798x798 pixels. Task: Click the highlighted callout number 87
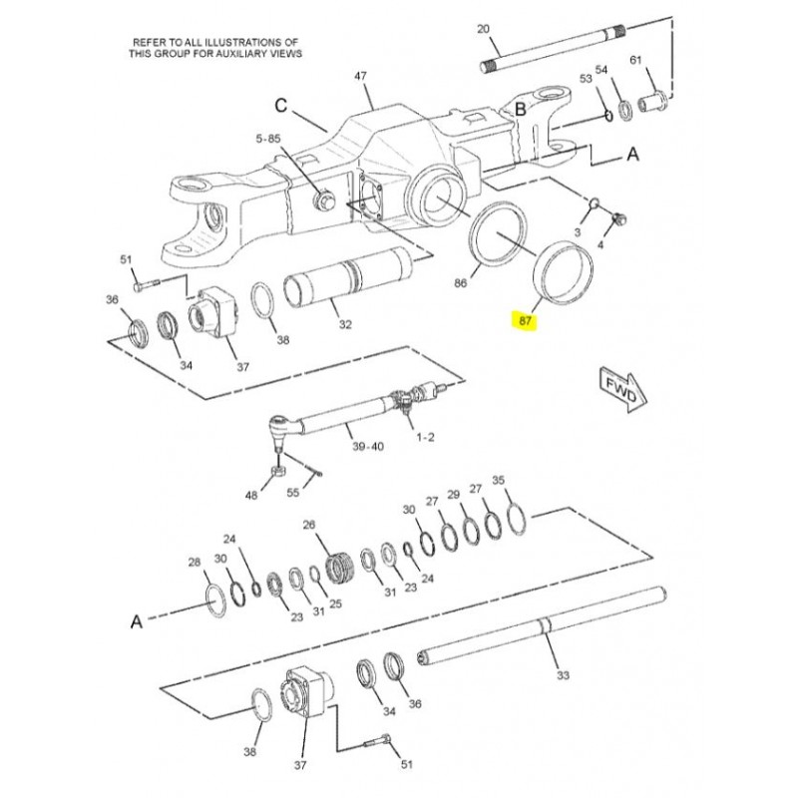click(526, 320)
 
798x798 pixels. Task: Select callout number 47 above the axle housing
click(360, 76)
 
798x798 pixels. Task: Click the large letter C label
click(281, 106)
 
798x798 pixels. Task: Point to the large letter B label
click(520, 109)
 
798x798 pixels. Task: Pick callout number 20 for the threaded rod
click(483, 29)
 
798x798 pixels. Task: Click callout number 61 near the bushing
click(635, 60)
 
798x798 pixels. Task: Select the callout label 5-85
click(268, 139)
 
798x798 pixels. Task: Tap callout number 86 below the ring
click(460, 282)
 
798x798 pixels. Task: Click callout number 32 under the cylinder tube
click(345, 324)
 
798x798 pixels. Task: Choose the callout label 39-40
click(368, 446)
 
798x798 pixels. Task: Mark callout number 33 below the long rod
click(563, 675)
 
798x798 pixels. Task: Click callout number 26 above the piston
click(309, 525)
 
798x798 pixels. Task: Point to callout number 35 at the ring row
click(498, 480)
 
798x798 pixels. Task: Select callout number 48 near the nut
click(251, 494)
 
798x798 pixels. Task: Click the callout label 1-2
click(426, 437)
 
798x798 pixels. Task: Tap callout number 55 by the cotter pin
click(292, 492)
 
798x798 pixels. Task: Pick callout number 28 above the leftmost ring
click(195, 562)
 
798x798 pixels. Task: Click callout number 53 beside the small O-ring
click(586, 79)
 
